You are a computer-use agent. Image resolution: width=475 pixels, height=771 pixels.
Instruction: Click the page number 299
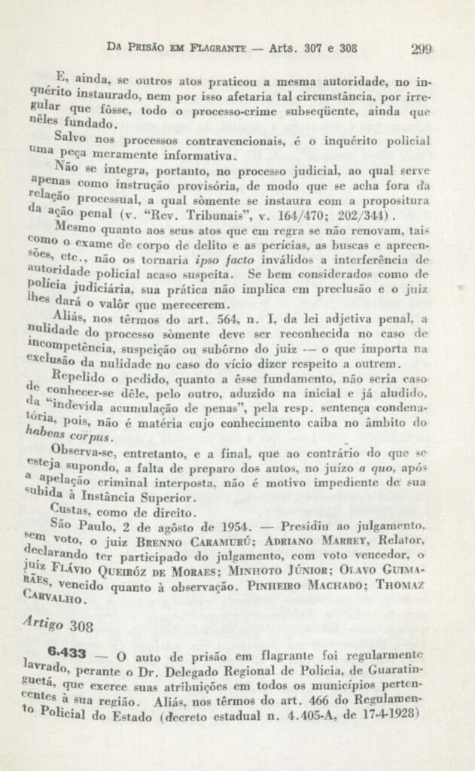tap(422, 50)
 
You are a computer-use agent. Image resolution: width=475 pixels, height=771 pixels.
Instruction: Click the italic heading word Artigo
tap(44, 623)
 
